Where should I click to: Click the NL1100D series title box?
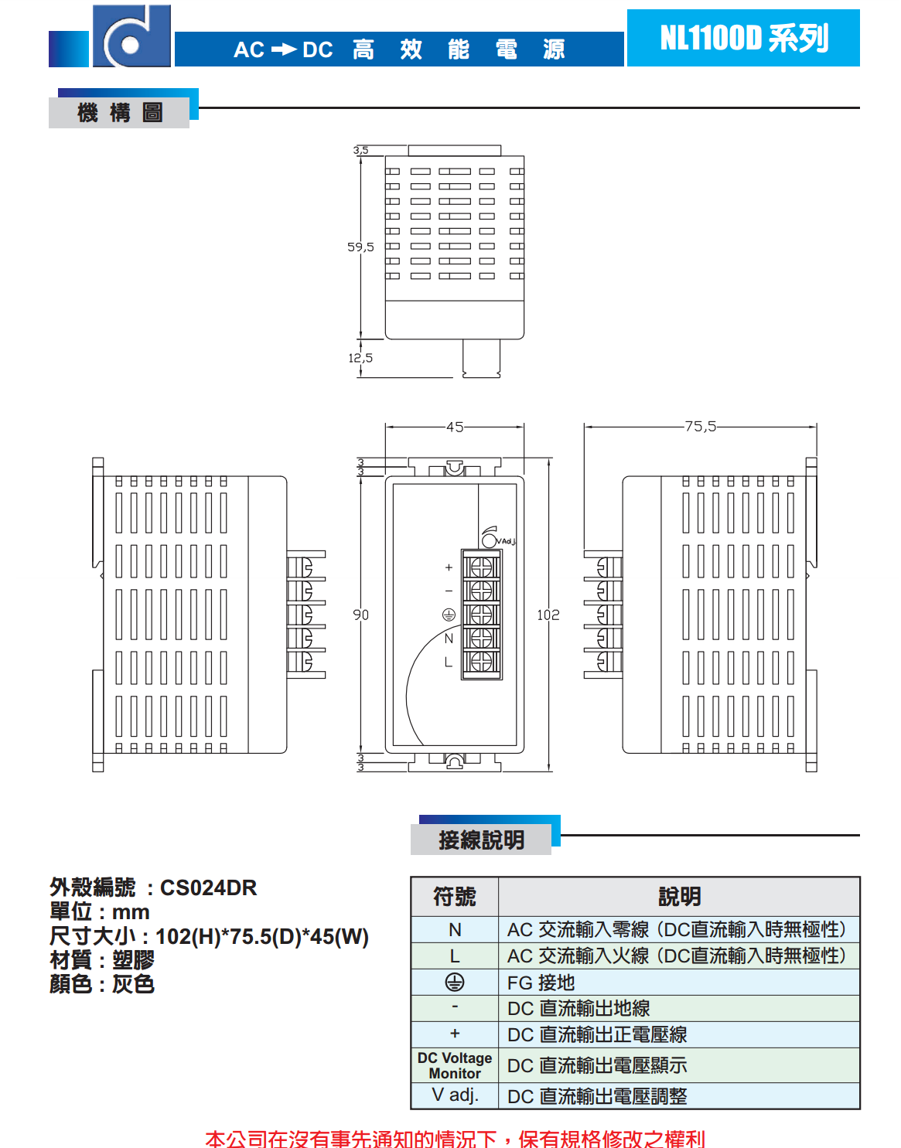point(742,38)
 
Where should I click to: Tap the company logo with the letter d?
point(131,37)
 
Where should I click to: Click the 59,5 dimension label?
point(360,247)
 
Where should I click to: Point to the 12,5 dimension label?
point(360,358)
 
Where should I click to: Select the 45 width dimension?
point(455,427)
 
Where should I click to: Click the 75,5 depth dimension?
point(700,426)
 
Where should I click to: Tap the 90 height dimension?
point(361,615)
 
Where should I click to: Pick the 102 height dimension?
point(548,615)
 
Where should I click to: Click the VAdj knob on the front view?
point(489,539)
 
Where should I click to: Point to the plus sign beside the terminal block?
point(449,567)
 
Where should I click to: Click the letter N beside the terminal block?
point(449,639)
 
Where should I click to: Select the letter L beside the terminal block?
point(448,663)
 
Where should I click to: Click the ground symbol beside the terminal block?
point(449,615)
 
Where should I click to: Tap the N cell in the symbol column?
point(455,929)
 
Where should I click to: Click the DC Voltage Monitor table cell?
point(455,1065)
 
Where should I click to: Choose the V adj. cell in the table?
point(455,1095)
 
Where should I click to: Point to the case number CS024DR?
point(208,887)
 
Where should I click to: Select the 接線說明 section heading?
point(481,840)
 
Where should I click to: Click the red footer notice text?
point(455,1138)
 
